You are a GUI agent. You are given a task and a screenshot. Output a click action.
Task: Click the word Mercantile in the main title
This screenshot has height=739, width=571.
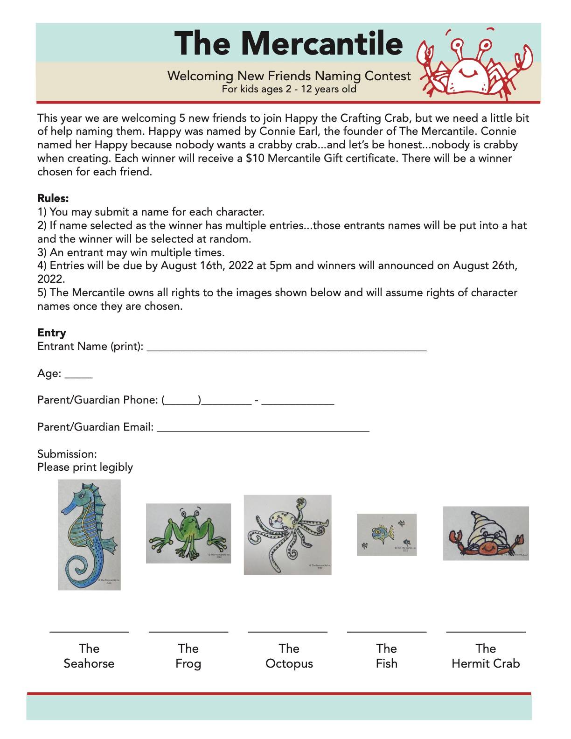pyautogui.click(x=321, y=43)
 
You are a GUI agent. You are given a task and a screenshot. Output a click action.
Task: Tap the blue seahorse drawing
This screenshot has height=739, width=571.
pyautogui.click(x=89, y=535)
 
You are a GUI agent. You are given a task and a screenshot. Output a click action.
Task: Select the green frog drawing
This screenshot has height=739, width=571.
pyautogui.click(x=188, y=533)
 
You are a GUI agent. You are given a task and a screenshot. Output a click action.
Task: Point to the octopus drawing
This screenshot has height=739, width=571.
pyautogui.click(x=287, y=535)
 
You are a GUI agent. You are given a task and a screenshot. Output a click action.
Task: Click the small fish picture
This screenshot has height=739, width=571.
pyautogui.click(x=387, y=535)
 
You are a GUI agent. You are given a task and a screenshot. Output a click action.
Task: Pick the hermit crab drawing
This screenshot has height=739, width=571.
pyautogui.click(x=486, y=533)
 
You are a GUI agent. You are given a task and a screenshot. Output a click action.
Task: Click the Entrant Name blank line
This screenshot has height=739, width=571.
pyautogui.click(x=286, y=349)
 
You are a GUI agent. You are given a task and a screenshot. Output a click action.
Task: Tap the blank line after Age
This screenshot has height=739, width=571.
pyautogui.click(x=78, y=376)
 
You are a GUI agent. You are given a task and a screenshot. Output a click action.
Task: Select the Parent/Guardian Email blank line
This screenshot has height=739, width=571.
pyautogui.click(x=263, y=430)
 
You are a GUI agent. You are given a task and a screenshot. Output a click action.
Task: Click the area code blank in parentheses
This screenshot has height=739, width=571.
pyautogui.click(x=182, y=403)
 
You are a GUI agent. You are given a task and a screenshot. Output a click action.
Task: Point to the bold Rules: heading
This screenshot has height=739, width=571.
pyautogui.click(x=53, y=198)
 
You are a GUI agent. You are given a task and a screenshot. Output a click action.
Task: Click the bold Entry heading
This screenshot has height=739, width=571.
pyautogui.click(x=51, y=333)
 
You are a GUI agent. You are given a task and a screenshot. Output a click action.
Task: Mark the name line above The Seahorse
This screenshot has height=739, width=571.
pyautogui.click(x=89, y=631)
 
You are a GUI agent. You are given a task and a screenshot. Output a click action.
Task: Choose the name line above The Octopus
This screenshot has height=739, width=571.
pyautogui.click(x=287, y=631)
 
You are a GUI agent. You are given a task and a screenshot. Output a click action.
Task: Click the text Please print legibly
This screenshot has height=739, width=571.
pyautogui.click(x=85, y=467)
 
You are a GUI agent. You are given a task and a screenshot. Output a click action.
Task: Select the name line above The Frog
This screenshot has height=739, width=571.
pyautogui.click(x=188, y=631)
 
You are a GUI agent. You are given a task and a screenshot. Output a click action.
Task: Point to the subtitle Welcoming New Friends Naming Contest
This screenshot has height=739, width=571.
pyautogui.click(x=289, y=76)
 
